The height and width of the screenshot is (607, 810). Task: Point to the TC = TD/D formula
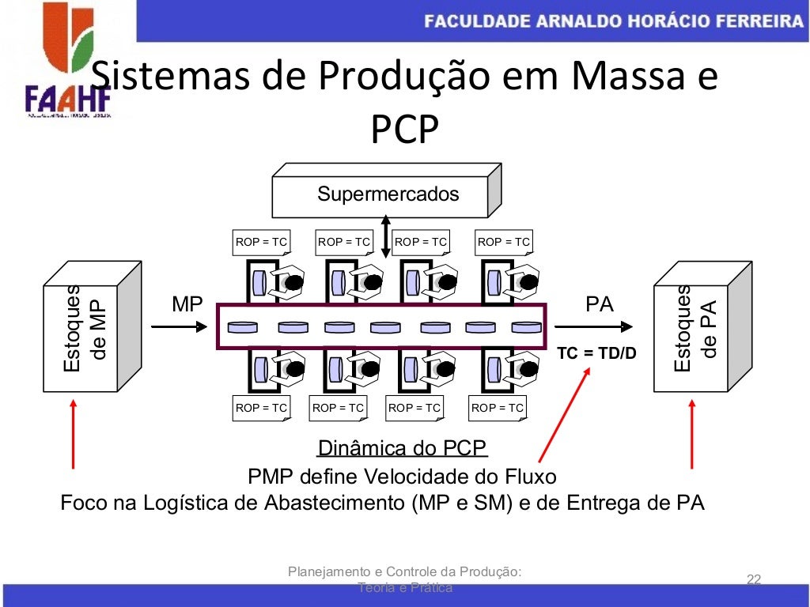[596, 353]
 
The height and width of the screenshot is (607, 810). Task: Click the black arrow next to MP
[187, 326]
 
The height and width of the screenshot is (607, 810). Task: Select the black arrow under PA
[593, 326]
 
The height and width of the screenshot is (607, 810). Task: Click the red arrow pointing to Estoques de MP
[74, 434]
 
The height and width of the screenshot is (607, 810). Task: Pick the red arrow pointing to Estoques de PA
[692, 434]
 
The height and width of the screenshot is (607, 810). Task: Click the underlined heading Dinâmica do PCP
[402, 449]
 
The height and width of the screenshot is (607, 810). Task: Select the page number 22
[753, 580]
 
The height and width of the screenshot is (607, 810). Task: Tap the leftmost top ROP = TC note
[261, 242]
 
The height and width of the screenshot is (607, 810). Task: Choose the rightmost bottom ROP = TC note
[497, 408]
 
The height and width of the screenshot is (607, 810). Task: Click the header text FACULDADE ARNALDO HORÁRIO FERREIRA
[613, 21]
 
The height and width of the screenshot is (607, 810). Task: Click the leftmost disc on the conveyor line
[242, 326]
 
